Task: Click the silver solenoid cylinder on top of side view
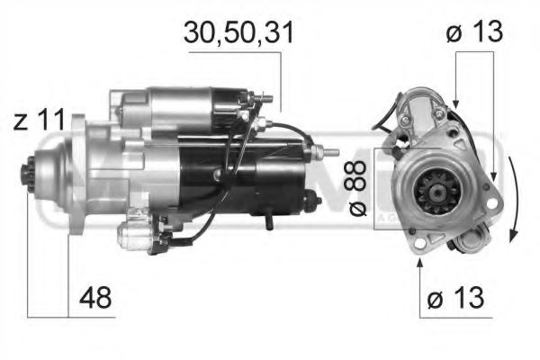[184, 105]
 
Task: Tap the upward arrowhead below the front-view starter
[419, 264]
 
